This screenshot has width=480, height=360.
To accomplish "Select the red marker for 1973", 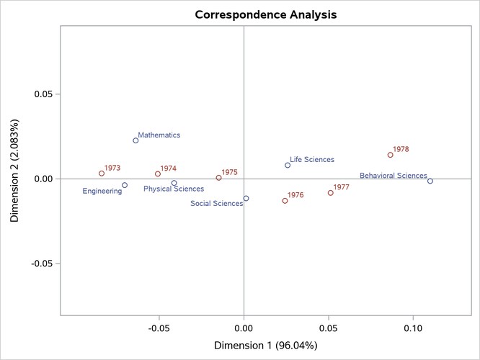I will (x=102, y=174).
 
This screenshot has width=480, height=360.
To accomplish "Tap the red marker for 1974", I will (x=158, y=174).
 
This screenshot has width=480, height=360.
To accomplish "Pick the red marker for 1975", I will (x=218, y=178).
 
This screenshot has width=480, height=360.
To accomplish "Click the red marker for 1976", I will (x=285, y=201).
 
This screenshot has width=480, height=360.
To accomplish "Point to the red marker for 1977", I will (x=331, y=193).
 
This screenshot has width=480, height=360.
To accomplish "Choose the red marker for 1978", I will (x=391, y=155).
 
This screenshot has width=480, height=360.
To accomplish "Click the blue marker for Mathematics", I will (x=135, y=140).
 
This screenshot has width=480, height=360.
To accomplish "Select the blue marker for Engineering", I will (x=125, y=185).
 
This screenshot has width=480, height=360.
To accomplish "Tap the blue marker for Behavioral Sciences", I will (x=430, y=181).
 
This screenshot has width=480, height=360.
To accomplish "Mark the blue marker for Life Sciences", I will (x=288, y=165).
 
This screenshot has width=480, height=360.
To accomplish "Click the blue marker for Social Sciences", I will (x=246, y=199).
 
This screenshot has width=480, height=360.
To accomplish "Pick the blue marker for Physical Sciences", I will (x=174, y=183).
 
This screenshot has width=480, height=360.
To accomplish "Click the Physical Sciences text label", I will (x=174, y=189).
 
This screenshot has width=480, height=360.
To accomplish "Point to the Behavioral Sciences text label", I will (x=393, y=176).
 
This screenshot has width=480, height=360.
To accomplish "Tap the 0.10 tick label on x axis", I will (x=413, y=328).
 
